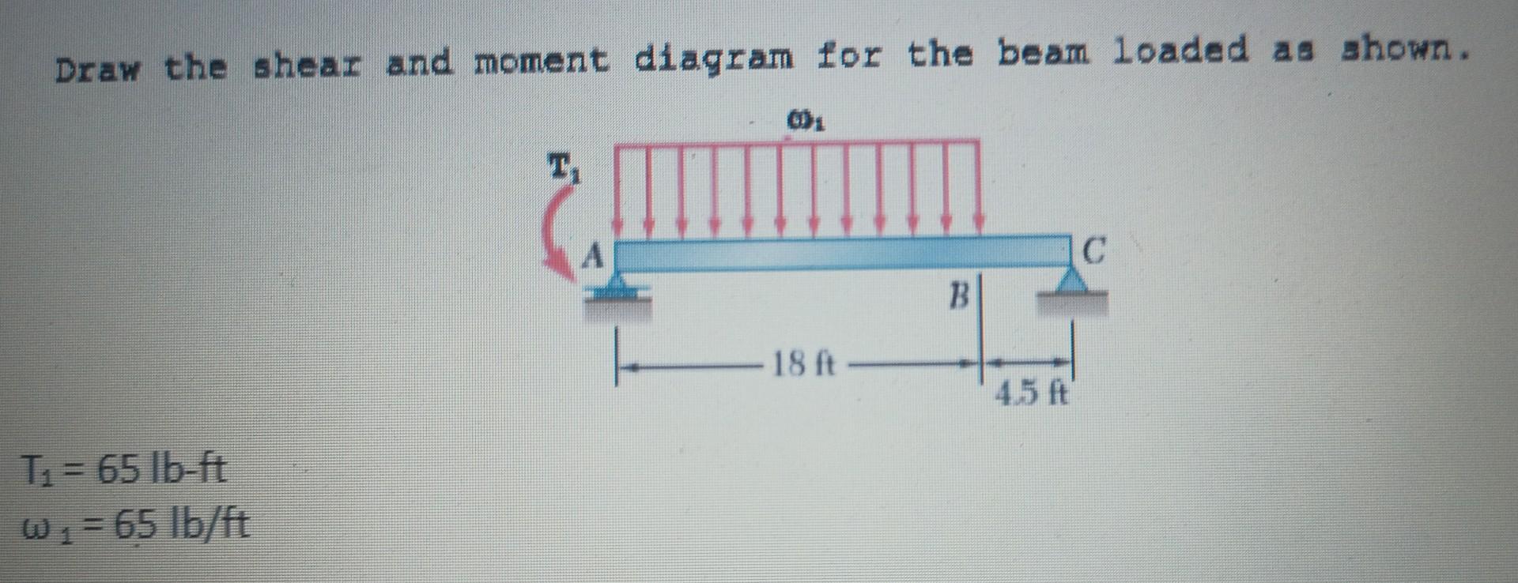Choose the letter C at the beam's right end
[x=1093, y=253]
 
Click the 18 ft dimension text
[x=802, y=366]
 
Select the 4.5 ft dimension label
[x=1032, y=392]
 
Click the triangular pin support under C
[x=1073, y=280]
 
